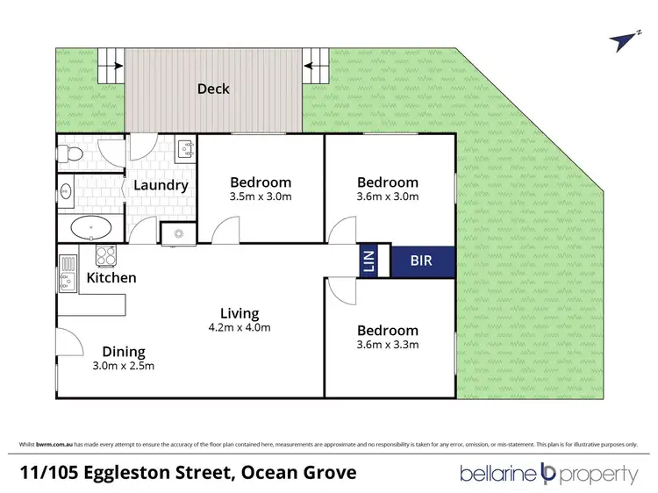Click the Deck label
213,88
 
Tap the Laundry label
160,185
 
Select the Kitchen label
111,278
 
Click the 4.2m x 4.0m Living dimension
240,328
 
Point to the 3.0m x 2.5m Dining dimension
123,366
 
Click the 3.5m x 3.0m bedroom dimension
260,196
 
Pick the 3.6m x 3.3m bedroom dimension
387,345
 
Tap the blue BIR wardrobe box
422,261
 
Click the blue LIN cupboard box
368,261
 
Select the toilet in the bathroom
70,154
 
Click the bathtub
89,229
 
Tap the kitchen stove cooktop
105,256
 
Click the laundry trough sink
186,150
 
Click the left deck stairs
111,64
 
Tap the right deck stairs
314,64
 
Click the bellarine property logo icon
550,473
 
